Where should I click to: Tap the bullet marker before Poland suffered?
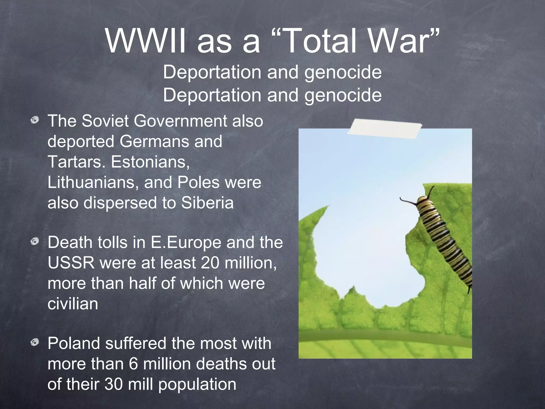pyautogui.click(x=35, y=343)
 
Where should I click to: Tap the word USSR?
pyautogui.click(x=71, y=263)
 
